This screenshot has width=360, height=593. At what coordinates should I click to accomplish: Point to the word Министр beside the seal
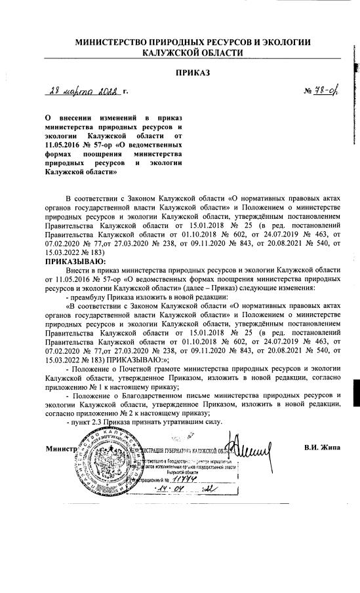(62, 450)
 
